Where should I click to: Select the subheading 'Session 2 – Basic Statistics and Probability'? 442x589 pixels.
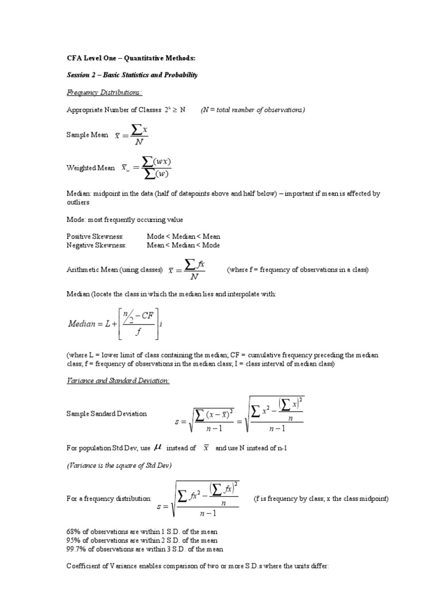pyautogui.click(x=132, y=75)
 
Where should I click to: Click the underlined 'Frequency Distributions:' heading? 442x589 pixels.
pyautogui.click(x=105, y=92)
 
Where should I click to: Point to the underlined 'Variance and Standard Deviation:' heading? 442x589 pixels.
pyautogui.click(x=118, y=381)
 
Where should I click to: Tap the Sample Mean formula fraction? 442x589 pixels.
pyautogui.click(x=133, y=135)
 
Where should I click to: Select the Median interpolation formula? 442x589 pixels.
pyautogui.click(x=115, y=323)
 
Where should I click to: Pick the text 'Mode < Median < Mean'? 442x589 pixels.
pyautogui.click(x=183, y=236)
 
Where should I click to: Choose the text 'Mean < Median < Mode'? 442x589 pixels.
pyautogui.click(x=183, y=244)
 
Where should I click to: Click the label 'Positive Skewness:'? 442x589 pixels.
pyautogui.click(x=95, y=236)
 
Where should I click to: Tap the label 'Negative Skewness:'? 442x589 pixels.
pyautogui.click(x=96, y=244)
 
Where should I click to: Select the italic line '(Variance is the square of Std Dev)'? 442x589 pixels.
pyautogui.click(x=119, y=465)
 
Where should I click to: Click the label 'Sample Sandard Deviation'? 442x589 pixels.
pyautogui.click(x=106, y=414)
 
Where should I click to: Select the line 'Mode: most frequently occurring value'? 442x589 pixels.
pyautogui.click(x=125, y=219)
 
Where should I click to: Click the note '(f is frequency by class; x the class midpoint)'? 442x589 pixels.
pyautogui.click(x=321, y=499)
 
